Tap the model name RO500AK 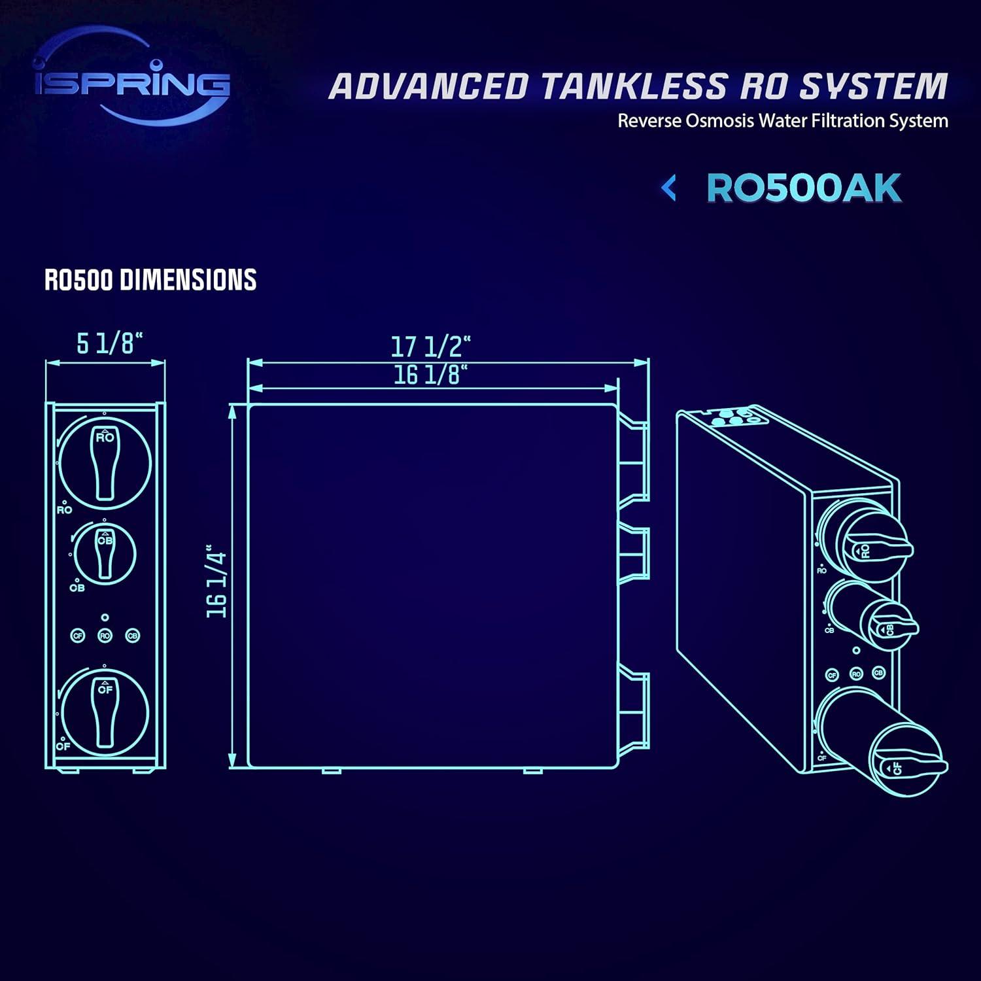tap(804, 189)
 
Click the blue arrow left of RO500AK tap(668, 189)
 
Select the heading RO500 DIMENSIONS tap(150, 280)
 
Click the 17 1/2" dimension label tap(431, 345)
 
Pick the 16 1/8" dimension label tap(430, 375)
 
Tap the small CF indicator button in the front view tap(78, 636)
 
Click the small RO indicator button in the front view tap(105, 636)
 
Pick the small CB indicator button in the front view tap(133, 636)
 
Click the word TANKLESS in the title tap(634, 86)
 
